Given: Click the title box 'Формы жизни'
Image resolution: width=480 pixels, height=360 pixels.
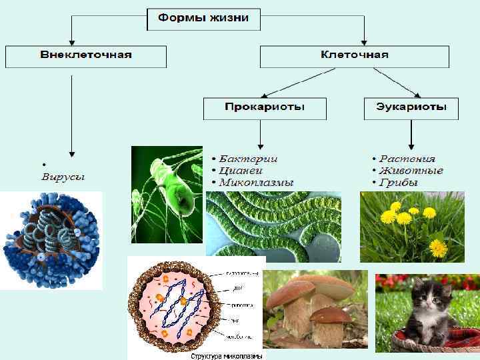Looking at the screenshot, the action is (203, 18).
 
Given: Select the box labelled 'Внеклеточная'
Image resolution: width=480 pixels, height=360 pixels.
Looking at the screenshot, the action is (86, 55).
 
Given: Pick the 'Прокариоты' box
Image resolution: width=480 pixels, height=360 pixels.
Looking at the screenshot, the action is (265, 107).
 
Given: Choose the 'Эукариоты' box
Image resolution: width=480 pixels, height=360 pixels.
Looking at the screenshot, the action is (411, 107).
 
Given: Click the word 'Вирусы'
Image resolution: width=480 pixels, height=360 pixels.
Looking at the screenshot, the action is (63, 177).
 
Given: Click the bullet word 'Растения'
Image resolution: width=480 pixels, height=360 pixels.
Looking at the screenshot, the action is (407, 159).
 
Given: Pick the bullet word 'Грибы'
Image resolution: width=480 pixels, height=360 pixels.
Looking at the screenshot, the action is (399, 182).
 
